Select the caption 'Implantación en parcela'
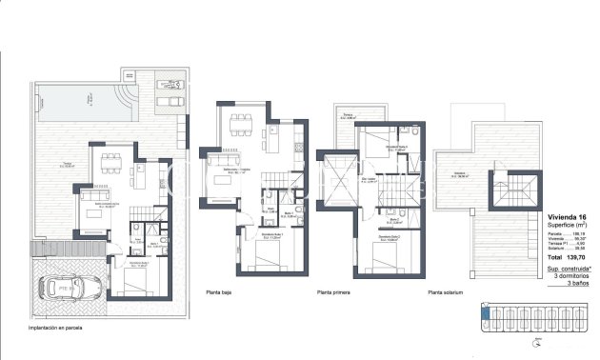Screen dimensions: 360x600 click(x=36, y=327)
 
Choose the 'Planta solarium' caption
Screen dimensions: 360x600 click(x=448, y=292)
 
